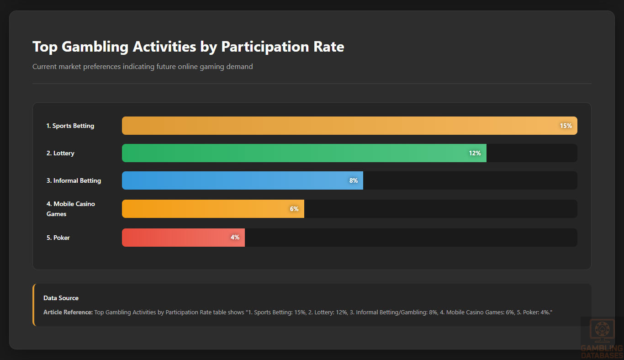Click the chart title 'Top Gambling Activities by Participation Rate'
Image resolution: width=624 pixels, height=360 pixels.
[x=188, y=47]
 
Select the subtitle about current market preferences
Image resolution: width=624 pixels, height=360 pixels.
[x=143, y=67]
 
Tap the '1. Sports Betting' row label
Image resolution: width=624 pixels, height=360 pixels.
[x=70, y=126]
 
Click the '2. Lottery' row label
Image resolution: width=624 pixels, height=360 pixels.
[x=60, y=153]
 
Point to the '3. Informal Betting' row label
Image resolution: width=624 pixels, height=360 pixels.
[x=74, y=180]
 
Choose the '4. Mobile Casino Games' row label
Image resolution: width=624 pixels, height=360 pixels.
[x=70, y=209]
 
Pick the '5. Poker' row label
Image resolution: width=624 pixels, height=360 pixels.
[x=58, y=238]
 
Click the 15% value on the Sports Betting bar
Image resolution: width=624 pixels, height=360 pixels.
[x=566, y=126]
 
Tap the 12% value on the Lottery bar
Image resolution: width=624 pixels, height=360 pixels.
[x=475, y=153]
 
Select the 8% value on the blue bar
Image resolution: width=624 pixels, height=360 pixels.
[x=353, y=180]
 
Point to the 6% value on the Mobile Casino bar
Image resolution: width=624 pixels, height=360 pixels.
[x=294, y=209]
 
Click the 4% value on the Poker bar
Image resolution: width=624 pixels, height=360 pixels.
[x=235, y=238]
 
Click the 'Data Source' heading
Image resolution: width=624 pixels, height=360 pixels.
[x=61, y=298]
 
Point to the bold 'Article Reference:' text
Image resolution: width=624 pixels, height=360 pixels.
[x=68, y=312]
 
